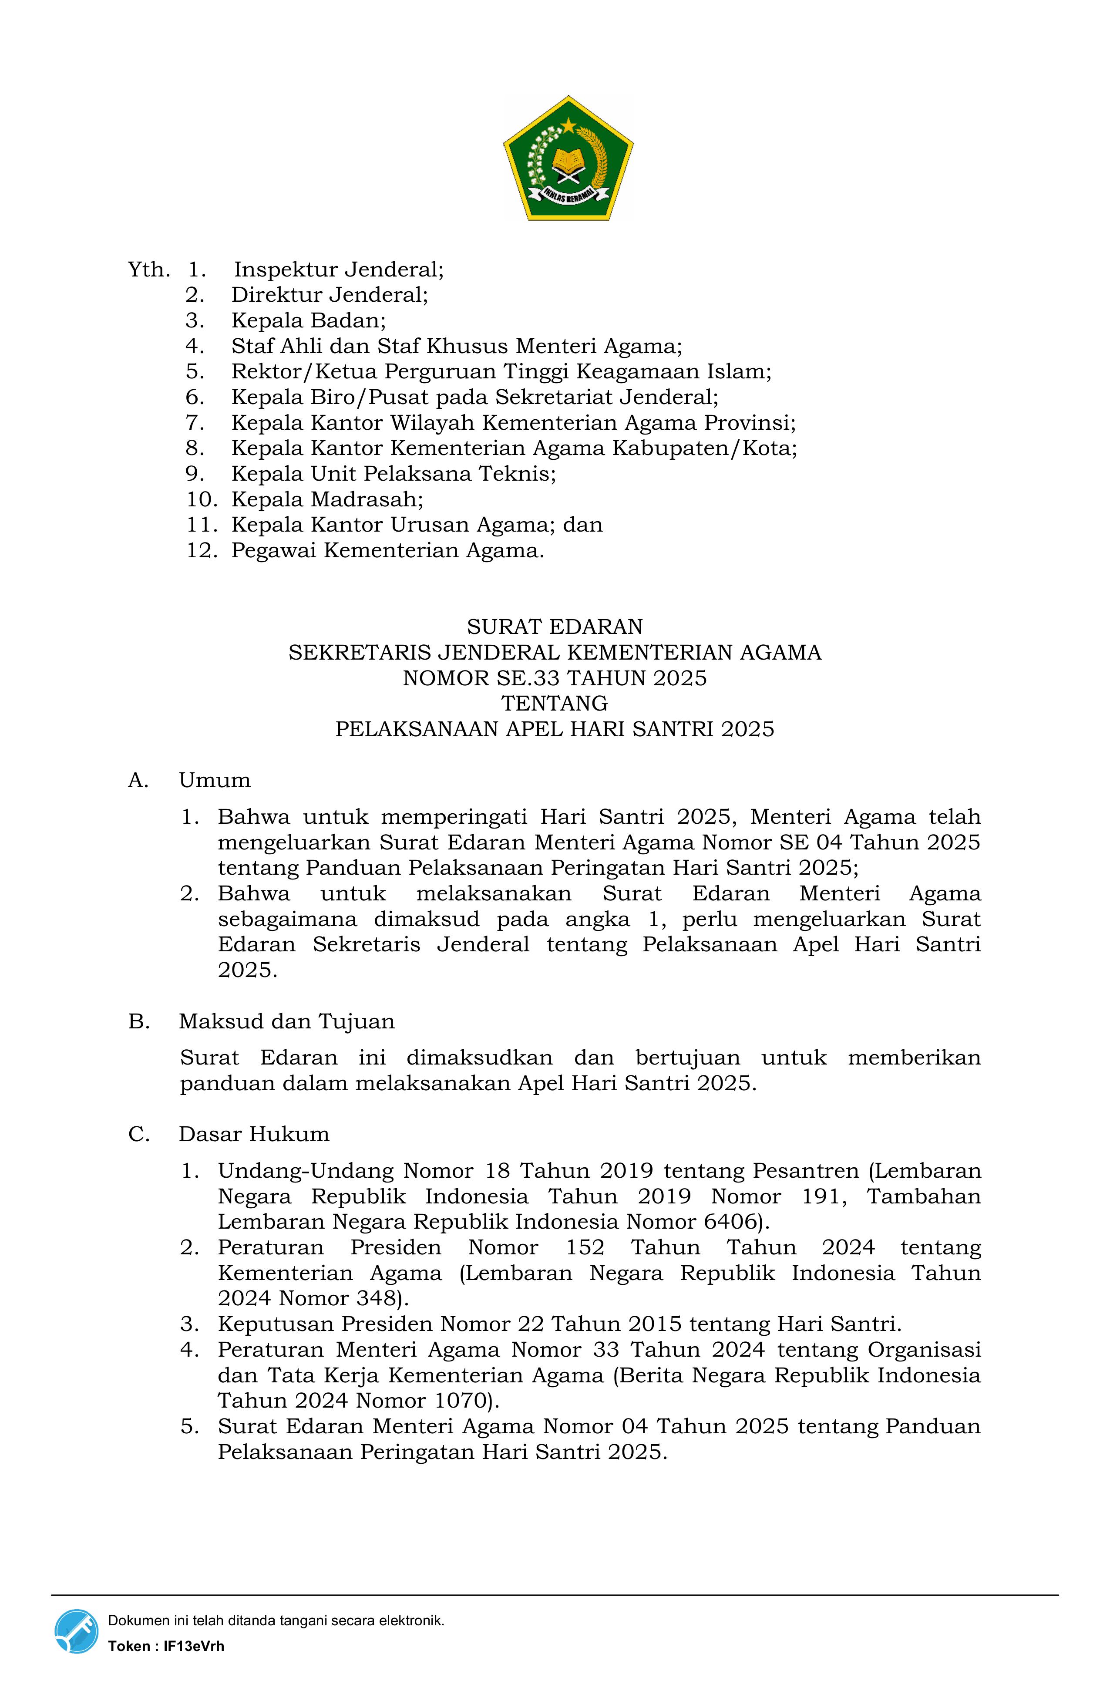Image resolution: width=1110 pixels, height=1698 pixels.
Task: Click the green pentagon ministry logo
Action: [568, 159]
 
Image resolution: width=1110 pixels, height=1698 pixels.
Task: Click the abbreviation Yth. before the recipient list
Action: [148, 270]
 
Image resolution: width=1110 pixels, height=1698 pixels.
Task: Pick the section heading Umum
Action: [215, 781]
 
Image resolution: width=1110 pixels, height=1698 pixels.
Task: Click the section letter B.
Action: [138, 1022]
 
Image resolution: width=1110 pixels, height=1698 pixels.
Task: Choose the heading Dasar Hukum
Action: [254, 1134]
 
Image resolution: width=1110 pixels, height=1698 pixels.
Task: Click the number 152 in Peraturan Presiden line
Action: [585, 1248]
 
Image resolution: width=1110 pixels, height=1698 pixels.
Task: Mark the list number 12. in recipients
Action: [201, 551]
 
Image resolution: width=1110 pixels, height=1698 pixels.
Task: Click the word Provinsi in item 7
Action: [749, 423]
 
